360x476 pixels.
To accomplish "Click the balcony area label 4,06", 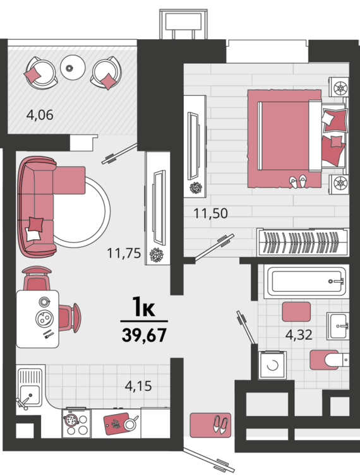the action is [40, 115].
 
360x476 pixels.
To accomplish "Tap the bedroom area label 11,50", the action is [210, 213].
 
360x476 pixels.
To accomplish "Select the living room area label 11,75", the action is [124, 253].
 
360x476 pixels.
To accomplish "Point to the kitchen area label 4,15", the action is [138, 386].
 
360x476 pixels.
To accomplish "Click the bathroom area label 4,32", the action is [299, 335].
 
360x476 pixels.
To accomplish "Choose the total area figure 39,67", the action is [144, 335].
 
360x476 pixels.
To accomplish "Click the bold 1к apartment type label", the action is [144, 308].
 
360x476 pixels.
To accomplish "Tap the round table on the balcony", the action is [73, 68].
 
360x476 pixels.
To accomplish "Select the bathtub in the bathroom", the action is [306, 282].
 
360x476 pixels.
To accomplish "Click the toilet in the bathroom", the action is [337, 360].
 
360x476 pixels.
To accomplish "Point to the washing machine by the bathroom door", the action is [272, 365].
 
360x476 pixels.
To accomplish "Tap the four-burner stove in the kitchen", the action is [76, 424].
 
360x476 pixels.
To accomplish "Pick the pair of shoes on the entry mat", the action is [220, 424].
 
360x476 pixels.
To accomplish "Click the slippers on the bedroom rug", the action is [298, 182].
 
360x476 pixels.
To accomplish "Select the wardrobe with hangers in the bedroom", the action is [303, 242].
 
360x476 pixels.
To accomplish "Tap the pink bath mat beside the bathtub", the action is [296, 312].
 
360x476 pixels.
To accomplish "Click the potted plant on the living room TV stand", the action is [157, 254].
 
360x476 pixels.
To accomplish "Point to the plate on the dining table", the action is [45, 319].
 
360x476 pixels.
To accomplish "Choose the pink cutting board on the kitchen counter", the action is [116, 423].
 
